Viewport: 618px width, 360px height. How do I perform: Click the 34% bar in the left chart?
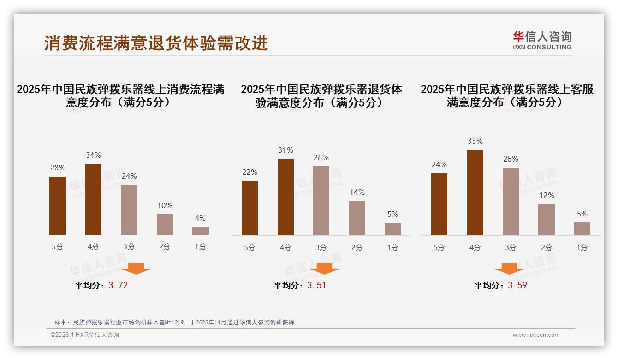coord(93,199)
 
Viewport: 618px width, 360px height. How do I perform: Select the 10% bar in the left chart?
coord(165,224)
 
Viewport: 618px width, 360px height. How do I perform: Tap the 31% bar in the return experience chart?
coord(285,197)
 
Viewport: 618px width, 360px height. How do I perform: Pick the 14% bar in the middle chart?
coord(357,218)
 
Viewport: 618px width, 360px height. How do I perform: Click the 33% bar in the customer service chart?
coord(475,192)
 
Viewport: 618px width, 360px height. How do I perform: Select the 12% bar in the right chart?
coord(547,220)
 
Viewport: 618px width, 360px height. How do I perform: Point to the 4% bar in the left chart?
coord(201,231)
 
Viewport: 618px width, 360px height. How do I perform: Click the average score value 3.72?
coord(118,285)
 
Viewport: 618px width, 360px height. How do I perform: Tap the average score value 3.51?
coord(316,285)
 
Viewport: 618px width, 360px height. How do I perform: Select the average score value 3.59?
coord(517,285)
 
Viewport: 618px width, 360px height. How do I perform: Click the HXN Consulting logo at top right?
coord(542,41)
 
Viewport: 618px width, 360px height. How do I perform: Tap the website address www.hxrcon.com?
coord(536,335)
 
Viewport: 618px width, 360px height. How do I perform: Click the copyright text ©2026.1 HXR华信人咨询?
coord(85,335)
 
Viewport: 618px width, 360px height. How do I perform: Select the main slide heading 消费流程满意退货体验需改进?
coord(156,43)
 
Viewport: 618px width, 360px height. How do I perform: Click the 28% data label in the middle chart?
coord(321,158)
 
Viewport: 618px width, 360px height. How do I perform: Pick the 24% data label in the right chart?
coord(439,164)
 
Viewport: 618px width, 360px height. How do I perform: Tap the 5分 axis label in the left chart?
coord(58,247)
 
